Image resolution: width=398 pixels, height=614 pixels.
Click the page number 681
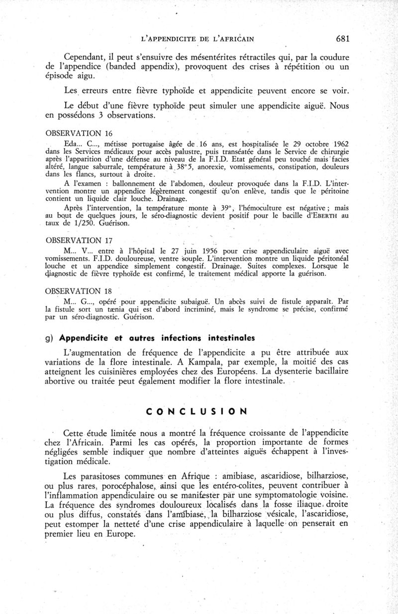[x=345, y=38]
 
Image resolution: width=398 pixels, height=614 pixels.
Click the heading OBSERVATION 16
[x=79, y=133]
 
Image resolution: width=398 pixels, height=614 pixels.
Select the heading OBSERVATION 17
[x=79, y=241]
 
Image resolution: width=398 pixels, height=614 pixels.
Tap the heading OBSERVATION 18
[x=79, y=291]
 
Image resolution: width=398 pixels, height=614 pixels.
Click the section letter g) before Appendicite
[x=49, y=338]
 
